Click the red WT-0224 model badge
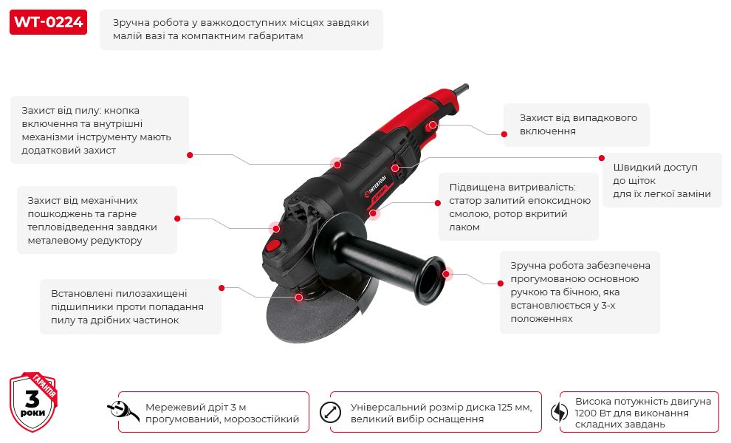click(x=48, y=22)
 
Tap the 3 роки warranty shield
click(x=33, y=402)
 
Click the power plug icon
click(x=123, y=411)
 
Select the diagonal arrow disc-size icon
click(x=330, y=412)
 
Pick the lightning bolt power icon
click(x=559, y=412)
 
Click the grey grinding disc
click(x=317, y=312)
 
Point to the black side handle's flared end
click(x=431, y=280)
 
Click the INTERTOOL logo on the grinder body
click(x=376, y=185)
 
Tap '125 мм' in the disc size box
click(x=514, y=407)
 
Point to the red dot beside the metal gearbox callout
click(x=177, y=219)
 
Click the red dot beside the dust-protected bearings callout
click(x=222, y=288)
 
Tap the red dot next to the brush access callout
click(x=601, y=158)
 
